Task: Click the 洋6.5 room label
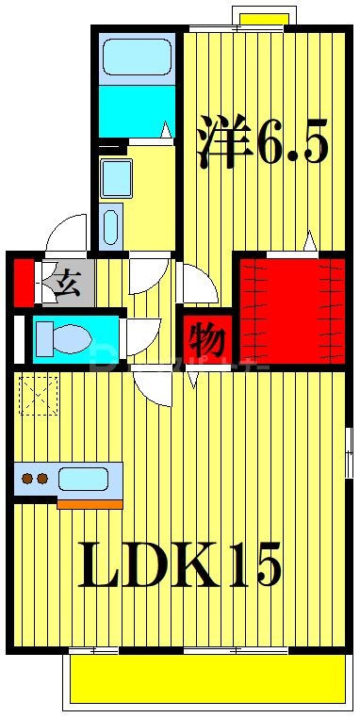(262, 142)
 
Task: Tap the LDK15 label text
(179, 566)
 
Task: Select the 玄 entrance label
(65, 281)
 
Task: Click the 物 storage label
(204, 336)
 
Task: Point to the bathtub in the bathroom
(137, 57)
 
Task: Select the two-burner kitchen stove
(36, 479)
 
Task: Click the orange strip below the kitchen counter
(90, 504)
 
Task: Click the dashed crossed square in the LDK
(39, 395)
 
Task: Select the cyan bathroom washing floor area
(137, 113)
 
